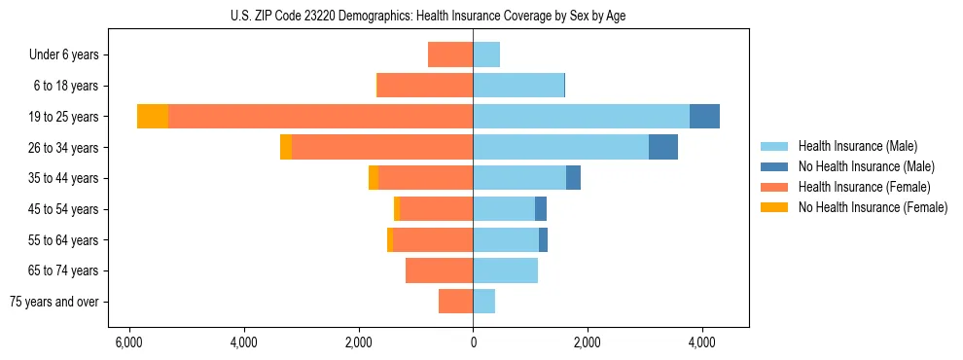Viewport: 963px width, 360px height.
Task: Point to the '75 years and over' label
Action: [54, 302]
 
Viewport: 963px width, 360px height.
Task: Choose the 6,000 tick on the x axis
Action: [128, 342]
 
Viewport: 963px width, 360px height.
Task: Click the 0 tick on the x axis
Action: [473, 342]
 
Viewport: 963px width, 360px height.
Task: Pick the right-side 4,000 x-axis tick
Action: [702, 342]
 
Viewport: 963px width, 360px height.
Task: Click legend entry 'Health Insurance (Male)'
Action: [857, 146]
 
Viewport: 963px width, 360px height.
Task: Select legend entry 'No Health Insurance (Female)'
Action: [873, 207]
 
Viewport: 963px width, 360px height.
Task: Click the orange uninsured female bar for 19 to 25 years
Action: [153, 117]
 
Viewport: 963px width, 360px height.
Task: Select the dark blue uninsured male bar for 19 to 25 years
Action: [704, 117]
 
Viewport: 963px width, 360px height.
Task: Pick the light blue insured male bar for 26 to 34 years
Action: [560, 147]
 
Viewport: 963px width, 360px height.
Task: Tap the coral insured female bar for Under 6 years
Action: [450, 55]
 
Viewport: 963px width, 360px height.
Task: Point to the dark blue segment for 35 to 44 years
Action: [573, 178]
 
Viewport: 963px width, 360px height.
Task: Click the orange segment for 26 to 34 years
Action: [286, 147]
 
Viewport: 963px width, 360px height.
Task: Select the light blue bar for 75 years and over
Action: [483, 302]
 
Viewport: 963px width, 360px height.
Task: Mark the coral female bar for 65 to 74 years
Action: [439, 270]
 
